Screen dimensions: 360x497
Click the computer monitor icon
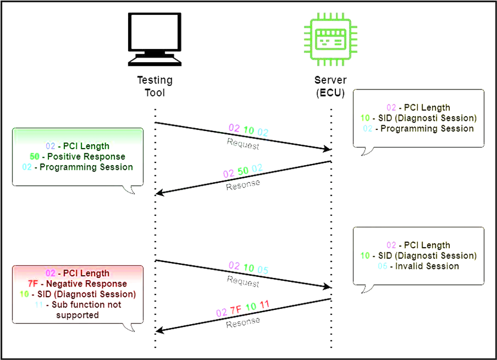(155, 38)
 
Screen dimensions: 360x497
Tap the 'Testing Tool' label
(155, 87)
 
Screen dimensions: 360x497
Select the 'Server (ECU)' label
(330, 87)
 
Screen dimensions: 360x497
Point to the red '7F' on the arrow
(236, 310)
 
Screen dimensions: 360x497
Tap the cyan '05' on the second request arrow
(262, 269)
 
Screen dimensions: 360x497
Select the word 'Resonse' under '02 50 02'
(243, 184)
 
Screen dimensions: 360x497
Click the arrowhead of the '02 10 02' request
(328, 149)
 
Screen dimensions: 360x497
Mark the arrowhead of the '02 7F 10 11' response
(159, 332)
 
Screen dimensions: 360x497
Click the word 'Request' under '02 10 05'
(243, 281)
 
